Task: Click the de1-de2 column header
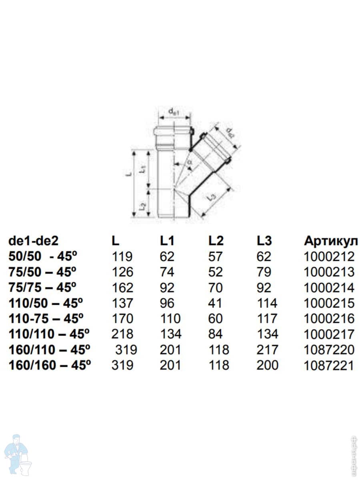pyautogui.click(x=34, y=241)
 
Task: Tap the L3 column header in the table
pyautogui.click(x=264, y=241)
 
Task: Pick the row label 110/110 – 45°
pyautogui.click(x=48, y=334)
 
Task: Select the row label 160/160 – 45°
pyautogui.click(x=48, y=365)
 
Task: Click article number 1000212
pyautogui.click(x=329, y=256)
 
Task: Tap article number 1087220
pyautogui.click(x=329, y=350)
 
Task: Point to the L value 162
pyautogui.click(x=122, y=288)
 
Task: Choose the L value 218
pyautogui.click(x=122, y=334)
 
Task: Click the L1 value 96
pyautogui.click(x=167, y=303)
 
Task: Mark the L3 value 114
pyautogui.click(x=267, y=303)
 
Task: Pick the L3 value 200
pyautogui.click(x=267, y=365)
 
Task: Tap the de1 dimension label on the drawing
pyautogui.click(x=173, y=113)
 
